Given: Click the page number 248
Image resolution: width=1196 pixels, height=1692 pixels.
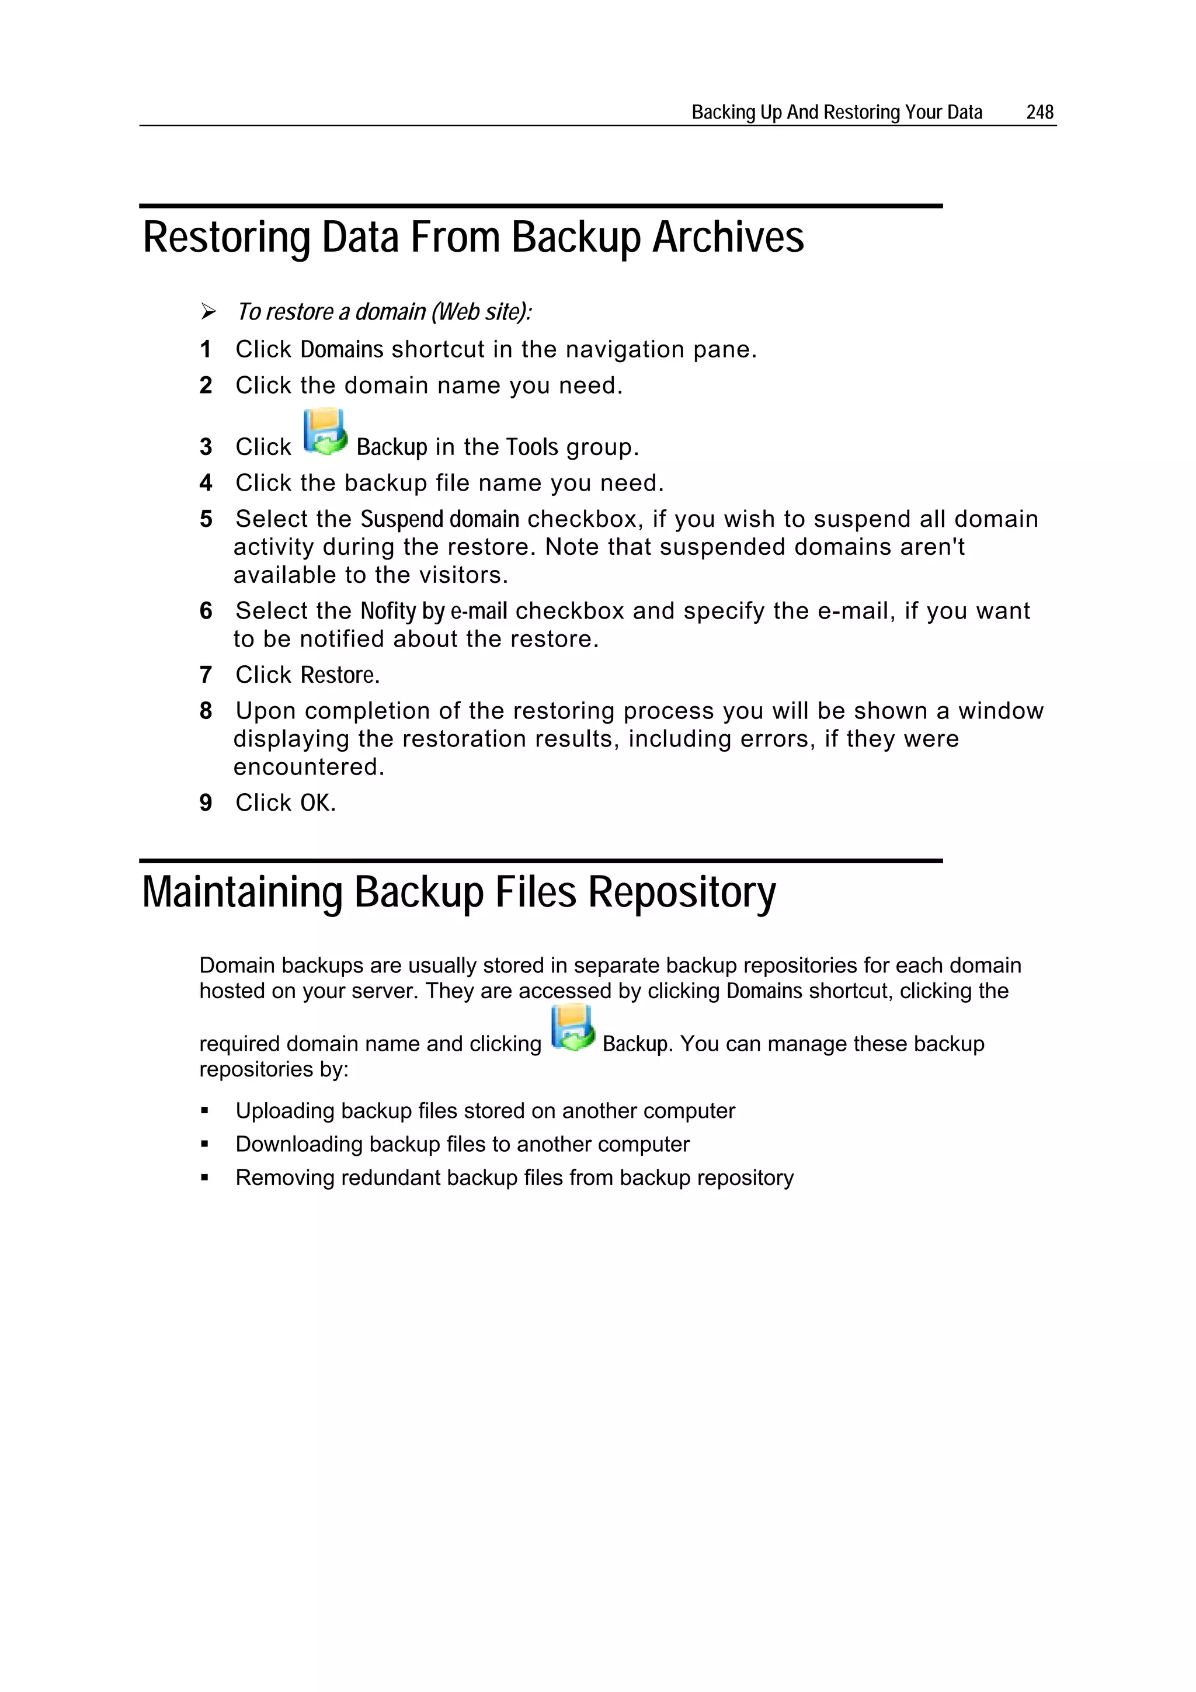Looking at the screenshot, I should [x=1039, y=112].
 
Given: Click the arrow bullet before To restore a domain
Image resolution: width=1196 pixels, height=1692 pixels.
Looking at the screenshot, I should [x=208, y=312].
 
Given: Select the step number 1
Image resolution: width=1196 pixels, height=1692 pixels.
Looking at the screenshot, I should [x=206, y=349].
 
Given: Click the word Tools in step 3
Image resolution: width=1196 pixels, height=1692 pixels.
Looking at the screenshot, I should [x=531, y=447].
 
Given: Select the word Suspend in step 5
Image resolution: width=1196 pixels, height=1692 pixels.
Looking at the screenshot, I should [x=402, y=520].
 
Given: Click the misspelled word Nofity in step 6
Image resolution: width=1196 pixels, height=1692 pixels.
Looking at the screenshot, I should [x=388, y=611].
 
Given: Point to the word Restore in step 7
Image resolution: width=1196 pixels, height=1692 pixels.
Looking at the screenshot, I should [x=338, y=675].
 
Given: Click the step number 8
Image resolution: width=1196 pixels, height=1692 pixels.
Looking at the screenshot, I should [x=206, y=711].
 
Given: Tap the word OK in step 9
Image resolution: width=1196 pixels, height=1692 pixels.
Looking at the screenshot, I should [x=315, y=803].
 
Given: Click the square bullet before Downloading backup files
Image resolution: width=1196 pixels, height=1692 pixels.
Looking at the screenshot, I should [x=205, y=1145].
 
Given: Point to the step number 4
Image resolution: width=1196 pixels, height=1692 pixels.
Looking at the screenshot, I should [x=206, y=484].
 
